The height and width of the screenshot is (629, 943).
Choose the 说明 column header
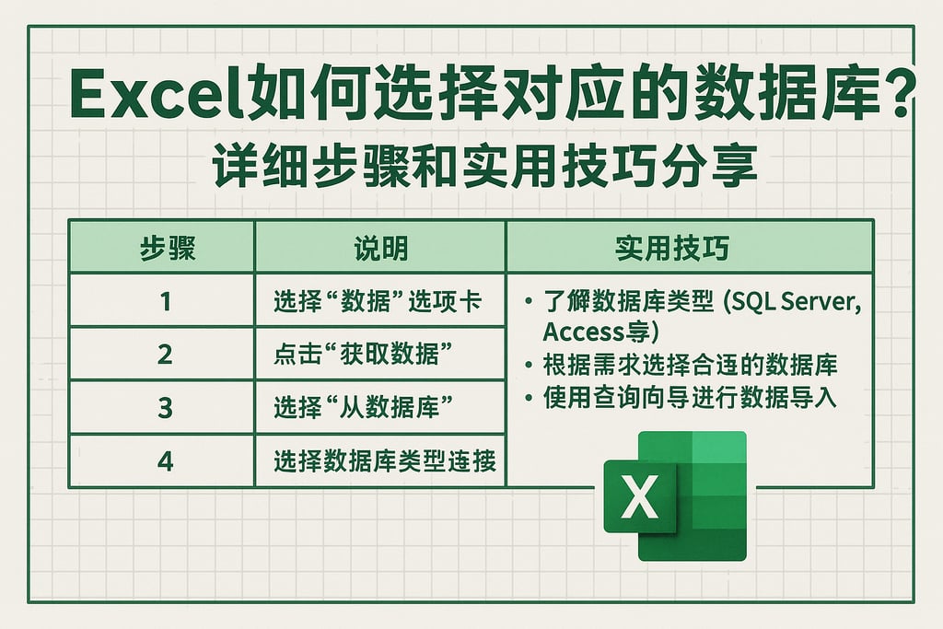[x=380, y=249]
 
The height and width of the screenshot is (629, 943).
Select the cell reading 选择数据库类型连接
[x=385, y=460]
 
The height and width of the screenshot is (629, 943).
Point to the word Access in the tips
[x=582, y=332]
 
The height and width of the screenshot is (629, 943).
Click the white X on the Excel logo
[x=639, y=496]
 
